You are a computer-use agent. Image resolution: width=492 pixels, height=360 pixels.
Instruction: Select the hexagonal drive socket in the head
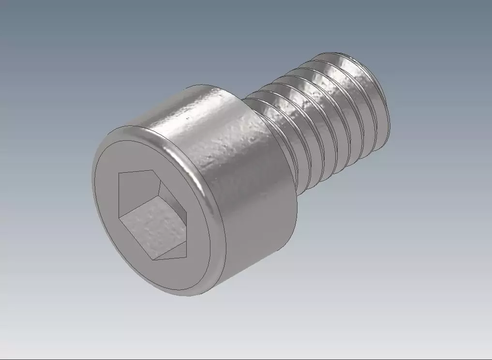click(152, 213)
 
